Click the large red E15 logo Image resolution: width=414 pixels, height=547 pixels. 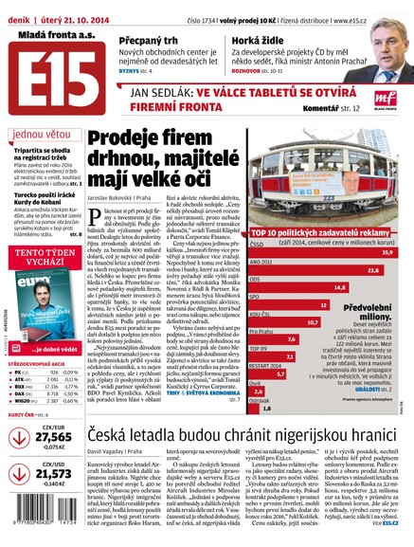(41, 71)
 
